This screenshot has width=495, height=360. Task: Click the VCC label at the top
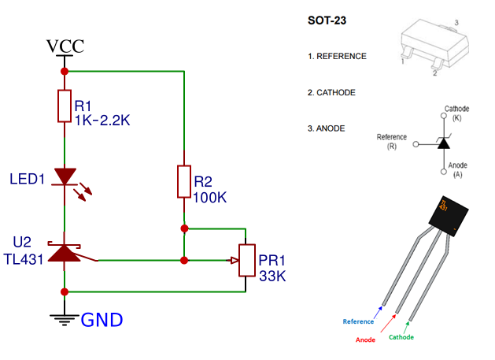click(65, 46)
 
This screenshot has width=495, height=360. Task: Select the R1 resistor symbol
click(65, 106)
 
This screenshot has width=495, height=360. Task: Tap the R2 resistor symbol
click(183, 182)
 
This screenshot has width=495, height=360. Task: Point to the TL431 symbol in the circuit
click(65, 252)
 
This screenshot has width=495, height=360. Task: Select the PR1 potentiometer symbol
click(246, 259)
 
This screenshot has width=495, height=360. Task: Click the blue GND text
click(102, 321)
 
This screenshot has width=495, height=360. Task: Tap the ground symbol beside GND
click(65, 317)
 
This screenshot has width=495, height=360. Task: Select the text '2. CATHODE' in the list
click(331, 92)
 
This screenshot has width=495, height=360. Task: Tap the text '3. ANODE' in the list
click(326, 128)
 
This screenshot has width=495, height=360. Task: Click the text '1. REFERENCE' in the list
click(337, 57)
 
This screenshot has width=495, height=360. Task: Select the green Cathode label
click(401, 337)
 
